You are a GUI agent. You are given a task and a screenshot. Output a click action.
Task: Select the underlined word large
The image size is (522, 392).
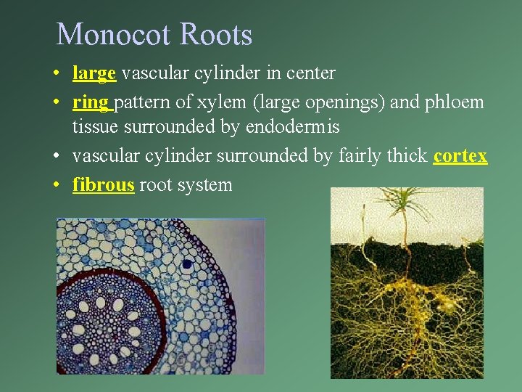tap(94, 73)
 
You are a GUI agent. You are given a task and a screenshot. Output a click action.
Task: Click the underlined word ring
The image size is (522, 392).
tap(91, 102)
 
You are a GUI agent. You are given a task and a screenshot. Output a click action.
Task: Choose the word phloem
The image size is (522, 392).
tap(455, 102)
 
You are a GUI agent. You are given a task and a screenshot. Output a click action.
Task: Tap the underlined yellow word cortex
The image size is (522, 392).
tap(460, 156)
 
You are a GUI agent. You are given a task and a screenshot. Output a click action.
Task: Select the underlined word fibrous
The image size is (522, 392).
tap(103, 184)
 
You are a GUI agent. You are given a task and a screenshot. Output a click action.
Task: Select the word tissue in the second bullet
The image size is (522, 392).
tap(95, 128)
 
